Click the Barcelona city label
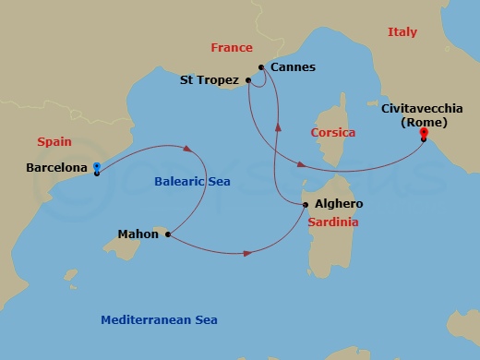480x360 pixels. (x=57, y=169)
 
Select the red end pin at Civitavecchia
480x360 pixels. (x=424, y=134)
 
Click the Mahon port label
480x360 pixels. (x=138, y=234)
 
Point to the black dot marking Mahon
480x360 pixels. (x=167, y=234)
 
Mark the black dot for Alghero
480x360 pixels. (x=306, y=204)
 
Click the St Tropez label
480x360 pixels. (x=210, y=80)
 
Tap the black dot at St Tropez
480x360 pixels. (x=249, y=80)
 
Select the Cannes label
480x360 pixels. (x=294, y=67)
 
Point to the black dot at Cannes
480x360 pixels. (x=262, y=67)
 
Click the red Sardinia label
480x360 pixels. (x=333, y=222)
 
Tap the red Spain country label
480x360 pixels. (x=54, y=142)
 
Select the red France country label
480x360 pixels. (x=231, y=48)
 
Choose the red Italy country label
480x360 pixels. (x=402, y=31)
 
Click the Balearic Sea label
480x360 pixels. (x=191, y=182)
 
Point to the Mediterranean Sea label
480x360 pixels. (x=159, y=319)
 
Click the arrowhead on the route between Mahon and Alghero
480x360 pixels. (x=247, y=251)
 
